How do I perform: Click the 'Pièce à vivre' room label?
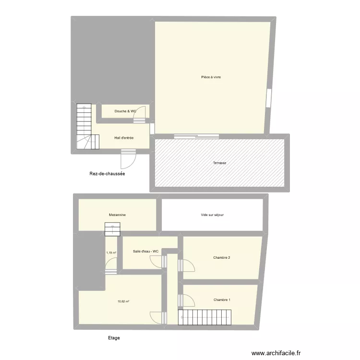coord(211,77)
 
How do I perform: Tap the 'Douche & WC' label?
coord(125,111)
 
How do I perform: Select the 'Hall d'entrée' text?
coord(124,138)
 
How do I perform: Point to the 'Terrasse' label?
coord(219,163)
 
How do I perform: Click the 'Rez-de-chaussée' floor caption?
coord(107,174)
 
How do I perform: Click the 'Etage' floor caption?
coord(114,338)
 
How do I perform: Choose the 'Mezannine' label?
coord(117,216)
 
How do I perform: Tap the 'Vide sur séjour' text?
coord(212,215)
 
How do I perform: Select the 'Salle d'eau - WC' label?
coord(145,252)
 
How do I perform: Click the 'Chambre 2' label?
coord(222,258)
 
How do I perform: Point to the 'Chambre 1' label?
coord(222,300)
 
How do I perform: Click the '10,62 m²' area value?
coord(123,302)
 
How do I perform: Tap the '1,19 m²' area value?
coord(111,252)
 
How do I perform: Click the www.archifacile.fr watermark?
coord(281,352)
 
